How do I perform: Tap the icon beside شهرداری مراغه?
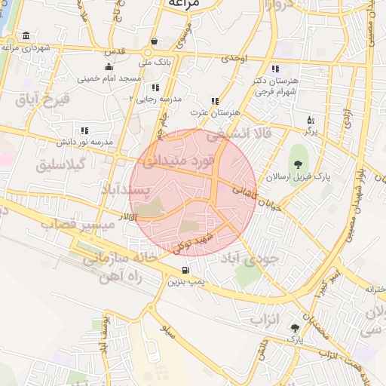pos(26,36)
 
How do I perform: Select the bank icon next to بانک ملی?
pos(155,41)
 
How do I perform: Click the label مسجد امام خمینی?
pos(109,78)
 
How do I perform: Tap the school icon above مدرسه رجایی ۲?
pos(155,87)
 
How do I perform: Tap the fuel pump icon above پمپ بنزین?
pos(185,270)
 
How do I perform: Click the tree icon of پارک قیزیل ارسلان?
pos(299,164)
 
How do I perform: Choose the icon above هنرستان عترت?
pos(215,101)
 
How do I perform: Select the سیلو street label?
pos(167,329)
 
